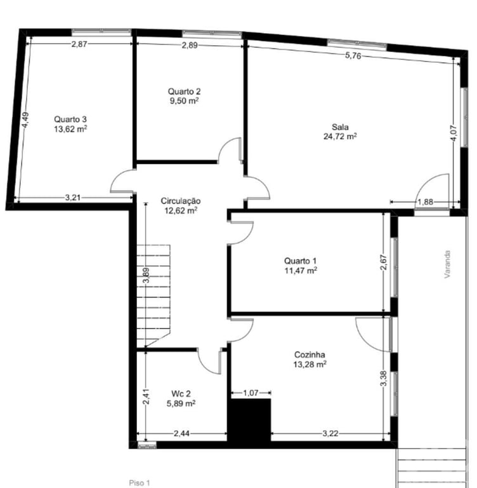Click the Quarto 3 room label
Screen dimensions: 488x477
70,119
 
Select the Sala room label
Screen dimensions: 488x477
340,126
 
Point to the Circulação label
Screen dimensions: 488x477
181,200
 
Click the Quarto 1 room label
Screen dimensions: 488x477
300,261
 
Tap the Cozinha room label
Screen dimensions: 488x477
310,355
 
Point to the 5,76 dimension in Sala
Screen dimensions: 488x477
353,56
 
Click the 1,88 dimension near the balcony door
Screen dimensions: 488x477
425,202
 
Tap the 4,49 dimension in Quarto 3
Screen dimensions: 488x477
25,121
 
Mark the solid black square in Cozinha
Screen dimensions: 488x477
250,419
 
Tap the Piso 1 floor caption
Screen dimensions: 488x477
140,483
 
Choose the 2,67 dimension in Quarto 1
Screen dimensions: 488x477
383,262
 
